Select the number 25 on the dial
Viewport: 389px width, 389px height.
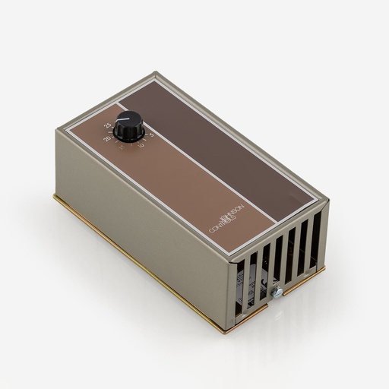109,124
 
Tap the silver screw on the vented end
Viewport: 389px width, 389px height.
278,290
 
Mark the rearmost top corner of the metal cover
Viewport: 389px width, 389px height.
156,73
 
